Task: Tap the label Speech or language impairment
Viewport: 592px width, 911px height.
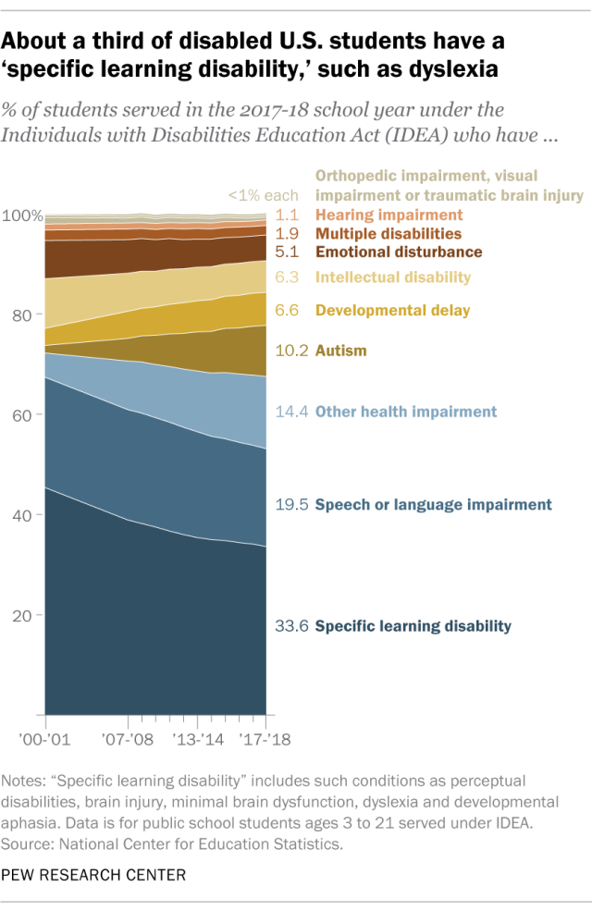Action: [x=433, y=505]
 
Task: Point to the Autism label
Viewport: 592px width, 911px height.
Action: [x=341, y=351]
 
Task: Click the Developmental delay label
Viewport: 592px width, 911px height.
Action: [x=393, y=311]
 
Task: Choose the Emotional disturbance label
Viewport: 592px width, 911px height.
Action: [x=399, y=252]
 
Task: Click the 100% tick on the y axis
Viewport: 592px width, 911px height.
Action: [x=22, y=216]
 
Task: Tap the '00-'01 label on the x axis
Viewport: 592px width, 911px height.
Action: [x=45, y=740]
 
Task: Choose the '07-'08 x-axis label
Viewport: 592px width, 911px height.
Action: [x=127, y=740]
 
